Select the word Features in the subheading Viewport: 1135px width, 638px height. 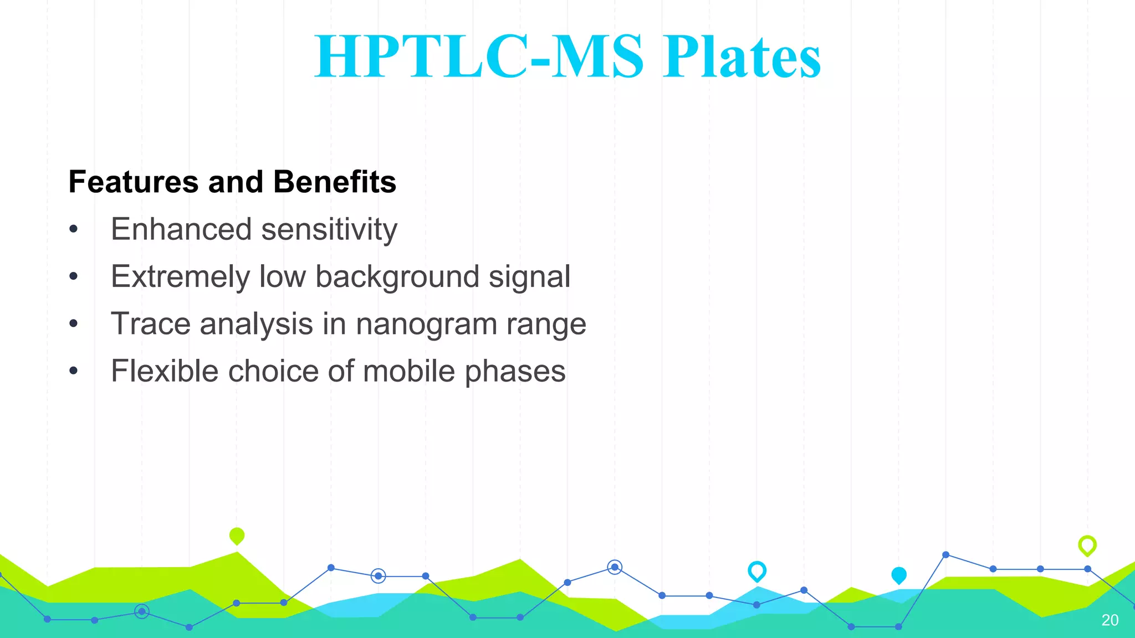pyautogui.click(x=133, y=182)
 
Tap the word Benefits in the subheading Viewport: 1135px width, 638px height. pyautogui.click(x=335, y=182)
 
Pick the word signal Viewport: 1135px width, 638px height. pyautogui.click(x=529, y=277)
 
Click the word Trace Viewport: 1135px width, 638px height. pyautogui.click(x=151, y=324)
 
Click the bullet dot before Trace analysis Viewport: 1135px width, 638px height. pyautogui.click(x=74, y=323)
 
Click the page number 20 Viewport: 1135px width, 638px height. pyautogui.click(x=1110, y=620)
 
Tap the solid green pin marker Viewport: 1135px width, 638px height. pyautogui.click(x=237, y=536)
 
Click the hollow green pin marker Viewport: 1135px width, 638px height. pyautogui.click(x=1087, y=545)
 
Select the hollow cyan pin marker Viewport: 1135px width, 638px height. pyautogui.click(x=757, y=570)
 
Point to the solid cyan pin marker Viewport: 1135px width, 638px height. pyautogui.click(x=899, y=575)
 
